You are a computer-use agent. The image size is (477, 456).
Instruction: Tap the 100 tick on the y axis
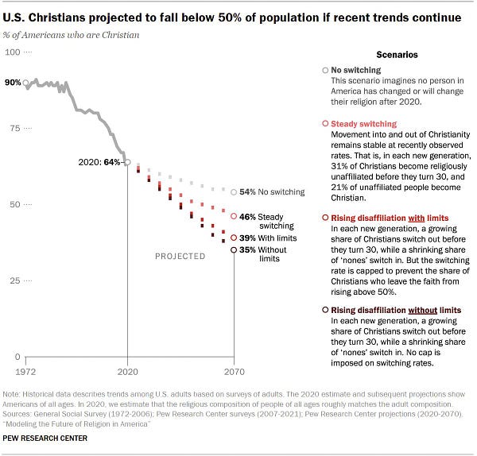pos(14,52)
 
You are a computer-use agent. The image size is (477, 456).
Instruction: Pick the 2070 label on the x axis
pos(234,370)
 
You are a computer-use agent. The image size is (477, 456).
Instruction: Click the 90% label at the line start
pos(11,83)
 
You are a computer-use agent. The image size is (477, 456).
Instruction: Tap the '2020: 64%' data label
pos(101,162)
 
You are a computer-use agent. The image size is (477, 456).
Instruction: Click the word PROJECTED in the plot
pos(180,257)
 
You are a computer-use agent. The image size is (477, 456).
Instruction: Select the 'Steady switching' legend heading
pos(363,124)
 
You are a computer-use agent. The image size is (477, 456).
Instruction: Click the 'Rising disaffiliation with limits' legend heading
pos(390,218)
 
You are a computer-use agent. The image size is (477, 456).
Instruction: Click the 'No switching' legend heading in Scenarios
pos(359,70)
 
